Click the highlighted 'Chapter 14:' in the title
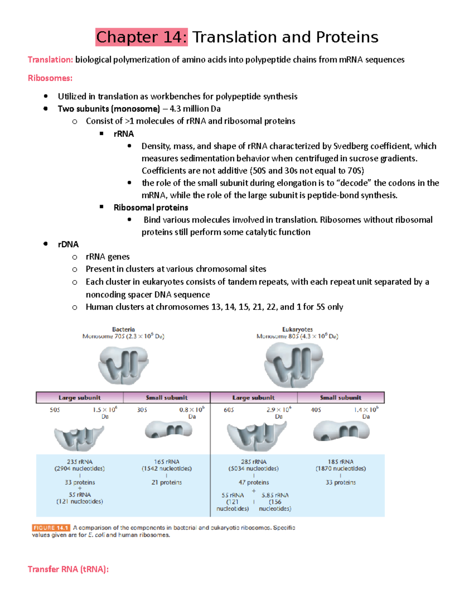click(141, 37)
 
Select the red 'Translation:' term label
click(50, 60)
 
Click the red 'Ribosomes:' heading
click(50, 78)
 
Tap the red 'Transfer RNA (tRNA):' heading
click(68, 569)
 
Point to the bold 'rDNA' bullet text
click(68, 244)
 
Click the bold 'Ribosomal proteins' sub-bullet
click(150, 208)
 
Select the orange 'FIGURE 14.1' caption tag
click(51, 528)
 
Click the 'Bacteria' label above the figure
click(123, 329)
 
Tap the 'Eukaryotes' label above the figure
click(297, 329)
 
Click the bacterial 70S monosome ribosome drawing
click(123, 365)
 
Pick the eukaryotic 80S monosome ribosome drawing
click(294, 365)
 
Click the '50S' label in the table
click(55, 410)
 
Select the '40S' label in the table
click(316, 410)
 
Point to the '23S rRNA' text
click(79, 462)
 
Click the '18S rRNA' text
click(340, 462)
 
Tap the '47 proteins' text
click(254, 482)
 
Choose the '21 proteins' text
click(167, 482)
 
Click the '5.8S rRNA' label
click(275, 495)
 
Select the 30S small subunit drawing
click(168, 430)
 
